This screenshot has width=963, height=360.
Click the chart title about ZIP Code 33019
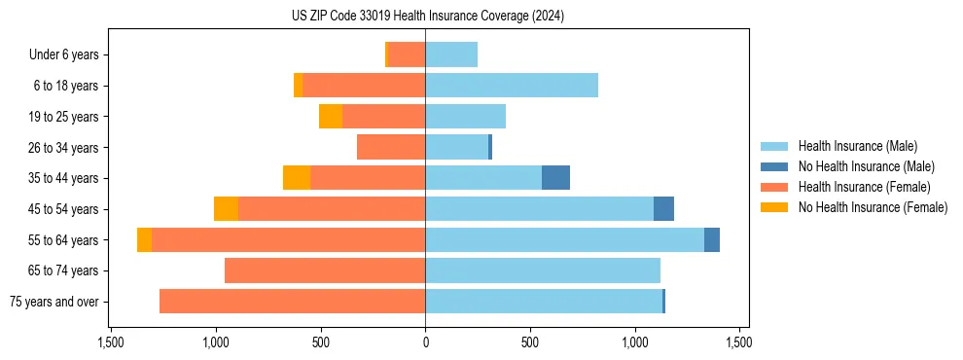tap(426, 17)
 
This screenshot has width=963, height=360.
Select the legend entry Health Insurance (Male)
tap(856, 146)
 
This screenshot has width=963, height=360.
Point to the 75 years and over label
tap(53, 302)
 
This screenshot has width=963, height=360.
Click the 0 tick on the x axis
tap(425, 343)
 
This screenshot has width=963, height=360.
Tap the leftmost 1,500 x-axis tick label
tap(111, 343)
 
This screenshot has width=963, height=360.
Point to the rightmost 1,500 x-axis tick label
tap(739, 343)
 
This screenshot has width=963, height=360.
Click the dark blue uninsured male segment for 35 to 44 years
tap(555, 178)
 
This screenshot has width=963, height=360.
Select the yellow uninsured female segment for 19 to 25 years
tap(331, 117)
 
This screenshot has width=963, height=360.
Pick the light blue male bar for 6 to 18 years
tap(512, 86)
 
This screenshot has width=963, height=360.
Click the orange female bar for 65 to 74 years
tap(325, 270)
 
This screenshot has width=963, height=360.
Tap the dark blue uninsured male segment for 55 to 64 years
tap(712, 239)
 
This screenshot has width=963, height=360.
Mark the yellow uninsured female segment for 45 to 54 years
tap(226, 209)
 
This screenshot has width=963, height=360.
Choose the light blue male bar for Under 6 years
tap(451, 54)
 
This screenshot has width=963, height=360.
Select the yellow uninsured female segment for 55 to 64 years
tap(144, 239)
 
